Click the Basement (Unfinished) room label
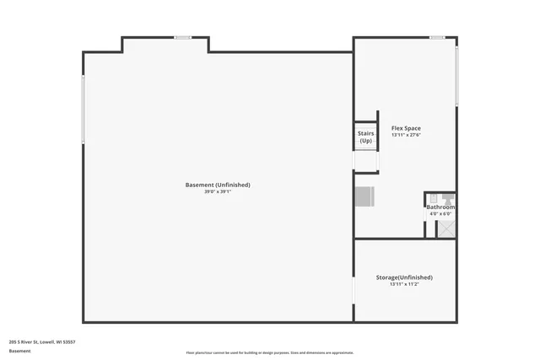point(218,185)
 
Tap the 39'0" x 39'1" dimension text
point(218,192)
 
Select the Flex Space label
point(406,128)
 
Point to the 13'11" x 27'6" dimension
point(406,135)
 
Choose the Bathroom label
point(440,207)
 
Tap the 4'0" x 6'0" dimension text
point(440,214)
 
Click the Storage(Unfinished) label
point(404,277)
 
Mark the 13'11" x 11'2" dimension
point(404,284)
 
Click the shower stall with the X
point(445,228)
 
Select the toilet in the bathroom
point(448,198)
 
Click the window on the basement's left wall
point(83,109)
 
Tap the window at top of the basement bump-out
point(182,37)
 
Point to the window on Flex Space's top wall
point(436,37)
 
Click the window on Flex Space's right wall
point(456,76)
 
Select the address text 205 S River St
point(42,341)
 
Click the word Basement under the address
point(19,351)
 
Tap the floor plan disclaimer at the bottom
point(270,352)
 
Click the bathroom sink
point(432,198)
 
